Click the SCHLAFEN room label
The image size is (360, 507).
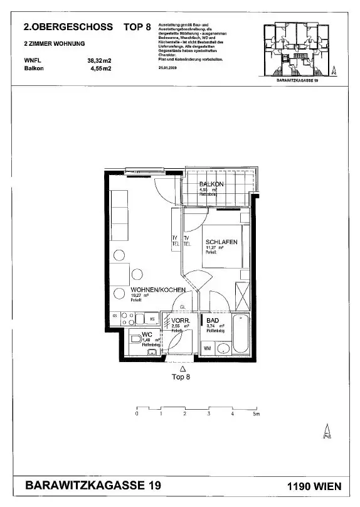221,242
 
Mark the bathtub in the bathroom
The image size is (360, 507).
241,334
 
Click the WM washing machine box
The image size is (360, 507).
207,348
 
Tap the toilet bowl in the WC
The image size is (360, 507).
136,339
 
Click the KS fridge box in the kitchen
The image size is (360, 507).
152,319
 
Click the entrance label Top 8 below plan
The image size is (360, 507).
181,377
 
